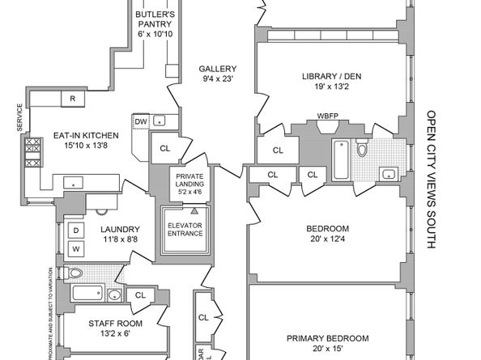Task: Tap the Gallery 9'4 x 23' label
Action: click(x=217, y=74)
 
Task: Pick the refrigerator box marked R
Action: click(x=73, y=99)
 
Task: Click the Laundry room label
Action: click(x=120, y=235)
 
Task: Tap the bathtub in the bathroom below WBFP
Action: click(x=340, y=160)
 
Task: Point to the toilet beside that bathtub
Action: click(x=362, y=150)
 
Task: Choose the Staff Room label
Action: click(x=114, y=328)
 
